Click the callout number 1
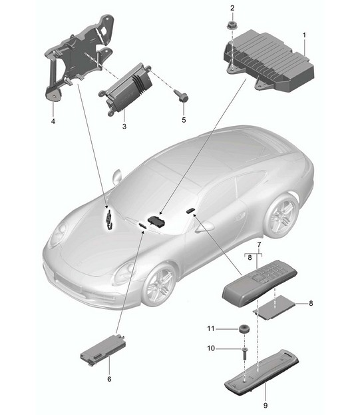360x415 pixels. click(304, 35)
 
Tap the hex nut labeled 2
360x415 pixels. click(232, 25)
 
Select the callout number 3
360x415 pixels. click(124, 127)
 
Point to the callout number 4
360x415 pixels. click(53, 121)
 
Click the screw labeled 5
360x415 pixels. click(181, 96)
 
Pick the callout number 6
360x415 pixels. click(109, 379)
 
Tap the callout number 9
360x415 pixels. click(266, 405)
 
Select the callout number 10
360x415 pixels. click(211, 348)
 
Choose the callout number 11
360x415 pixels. click(211, 328)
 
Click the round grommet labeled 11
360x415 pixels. click(244, 328)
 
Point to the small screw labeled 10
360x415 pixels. click(244, 353)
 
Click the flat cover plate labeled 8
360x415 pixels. click(274, 307)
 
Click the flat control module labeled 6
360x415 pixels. click(103, 350)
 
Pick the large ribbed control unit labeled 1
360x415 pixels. click(269, 61)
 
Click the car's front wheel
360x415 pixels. click(160, 284)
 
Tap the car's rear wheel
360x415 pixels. click(282, 214)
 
